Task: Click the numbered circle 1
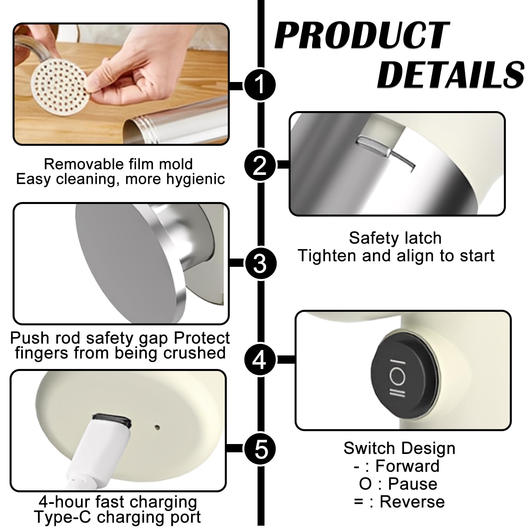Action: tap(260, 84)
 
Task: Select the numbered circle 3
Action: tap(260, 264)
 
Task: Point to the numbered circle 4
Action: tap(260, 359)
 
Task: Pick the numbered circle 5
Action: tap(260, 449)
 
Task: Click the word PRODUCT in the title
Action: tap(362, 35)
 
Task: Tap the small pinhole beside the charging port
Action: tap(157, 427)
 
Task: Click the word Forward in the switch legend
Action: tap(407, 466)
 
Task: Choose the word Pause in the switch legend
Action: tap(413, 484)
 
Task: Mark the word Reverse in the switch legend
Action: tap(412, 502)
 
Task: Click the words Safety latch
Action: tap(395, 238)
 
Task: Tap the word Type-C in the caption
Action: tap(63, 517)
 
